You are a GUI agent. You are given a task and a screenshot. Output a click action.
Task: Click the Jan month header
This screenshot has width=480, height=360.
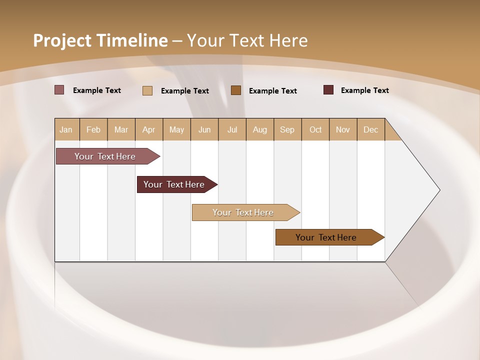(x=66, y=129)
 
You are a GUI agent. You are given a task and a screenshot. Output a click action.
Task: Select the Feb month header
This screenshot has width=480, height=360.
(x=93, y=129)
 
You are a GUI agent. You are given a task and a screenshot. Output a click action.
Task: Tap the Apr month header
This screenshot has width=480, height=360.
(x=149, y=129)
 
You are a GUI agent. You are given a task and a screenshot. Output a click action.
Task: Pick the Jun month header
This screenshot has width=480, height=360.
(x=204, y=129)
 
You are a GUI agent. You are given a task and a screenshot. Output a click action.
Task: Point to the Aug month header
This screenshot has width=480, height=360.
(x=260, y=129)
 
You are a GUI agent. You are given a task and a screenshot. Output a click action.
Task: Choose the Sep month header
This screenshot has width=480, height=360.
(x=287, y=129)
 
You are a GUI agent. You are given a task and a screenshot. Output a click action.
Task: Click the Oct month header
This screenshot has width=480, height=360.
(x=315, y=129)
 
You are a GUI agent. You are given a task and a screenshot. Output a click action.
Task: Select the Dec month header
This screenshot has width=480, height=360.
(x=371, y=129)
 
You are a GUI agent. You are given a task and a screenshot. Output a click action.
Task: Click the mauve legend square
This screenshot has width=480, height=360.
(x=59, y=90)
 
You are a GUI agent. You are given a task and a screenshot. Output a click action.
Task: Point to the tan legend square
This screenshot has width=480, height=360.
(x=147, y=90)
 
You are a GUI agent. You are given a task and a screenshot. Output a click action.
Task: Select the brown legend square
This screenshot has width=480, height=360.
(x=236, y=90)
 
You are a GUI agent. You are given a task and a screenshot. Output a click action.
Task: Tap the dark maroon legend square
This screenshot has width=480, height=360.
(x=328, y=90)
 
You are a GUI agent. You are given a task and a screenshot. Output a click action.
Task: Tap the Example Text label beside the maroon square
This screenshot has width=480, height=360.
(x=364, y=90)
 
